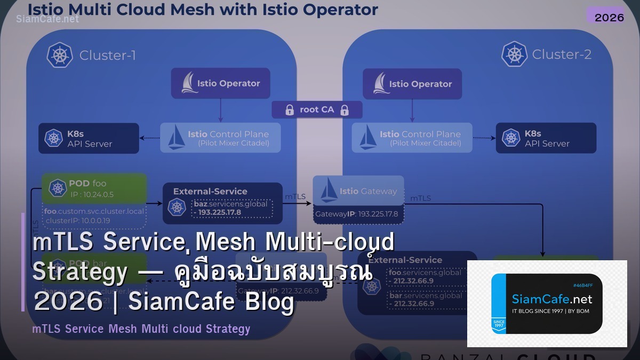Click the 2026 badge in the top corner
coord(609,17)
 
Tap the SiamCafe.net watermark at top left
coord(47,19)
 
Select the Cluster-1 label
coord(107,55)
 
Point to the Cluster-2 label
coord(562,54)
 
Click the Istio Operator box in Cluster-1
coord(220,83)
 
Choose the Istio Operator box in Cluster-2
coord(412,84)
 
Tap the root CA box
coord(317,110)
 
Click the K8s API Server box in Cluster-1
coord(89,139)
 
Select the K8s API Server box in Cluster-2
coord(546,139)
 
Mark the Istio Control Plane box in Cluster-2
coord(412,138)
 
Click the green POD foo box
coord(94,188)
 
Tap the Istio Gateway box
coord(358,191)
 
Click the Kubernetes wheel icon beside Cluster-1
coord(60,55)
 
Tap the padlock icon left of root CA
coord(290,110)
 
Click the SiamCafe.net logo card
coord(547,303)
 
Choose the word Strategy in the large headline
coord(80,273)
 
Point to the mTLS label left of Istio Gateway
coord(295,196)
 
